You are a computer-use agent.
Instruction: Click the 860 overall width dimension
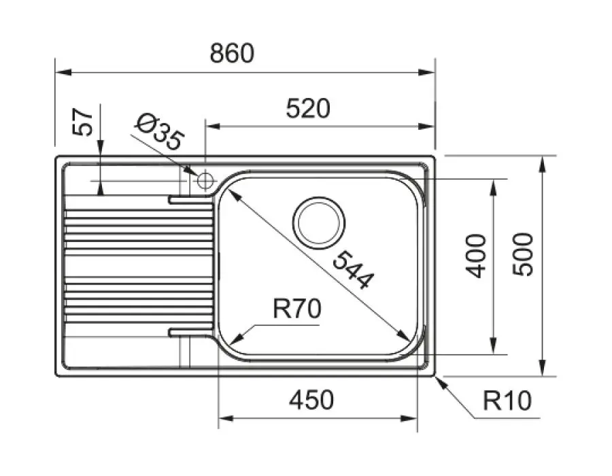(231, 53)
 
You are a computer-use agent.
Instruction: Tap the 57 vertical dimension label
(83, 122)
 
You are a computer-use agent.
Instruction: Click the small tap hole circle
(205, 181)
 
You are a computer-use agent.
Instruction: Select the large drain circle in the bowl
(318, 222)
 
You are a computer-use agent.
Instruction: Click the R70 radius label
(296, 310)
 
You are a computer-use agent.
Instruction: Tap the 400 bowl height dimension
(478, 255)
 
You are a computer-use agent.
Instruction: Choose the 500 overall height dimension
(524, 253)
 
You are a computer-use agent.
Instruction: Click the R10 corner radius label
(507, 401)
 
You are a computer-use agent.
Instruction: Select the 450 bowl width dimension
(311, 401)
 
